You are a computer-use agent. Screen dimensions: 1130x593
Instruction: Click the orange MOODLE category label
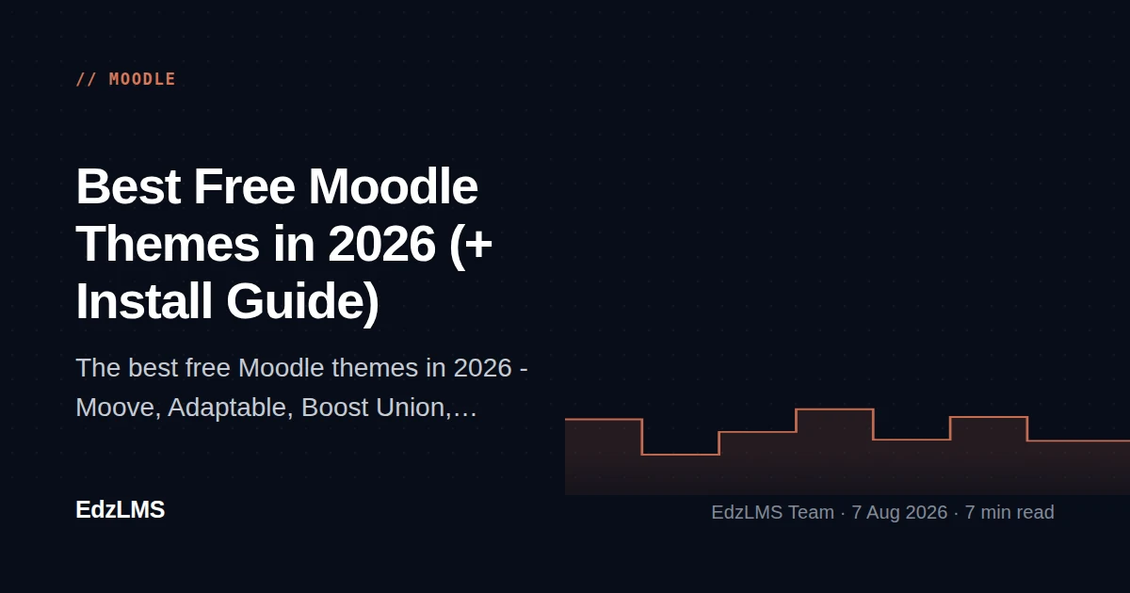tap(142, 79)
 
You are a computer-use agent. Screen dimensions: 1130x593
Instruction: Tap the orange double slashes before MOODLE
tap(87, 79)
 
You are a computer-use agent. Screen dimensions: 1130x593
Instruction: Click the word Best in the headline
tap(128, 186)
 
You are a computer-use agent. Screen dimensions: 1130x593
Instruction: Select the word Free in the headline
tap(244, 186)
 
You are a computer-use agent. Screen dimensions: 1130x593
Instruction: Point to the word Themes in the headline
tap(168, 244)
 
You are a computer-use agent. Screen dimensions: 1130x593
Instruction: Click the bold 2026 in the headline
tap(381, 244)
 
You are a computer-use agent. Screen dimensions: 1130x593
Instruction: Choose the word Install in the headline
tap(144, 301)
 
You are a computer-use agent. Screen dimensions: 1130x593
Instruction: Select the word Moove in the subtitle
tap(115, 408)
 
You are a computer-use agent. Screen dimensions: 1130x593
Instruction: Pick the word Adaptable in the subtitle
tap(227, 408)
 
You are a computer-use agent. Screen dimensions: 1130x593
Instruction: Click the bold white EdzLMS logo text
tap(121, 510)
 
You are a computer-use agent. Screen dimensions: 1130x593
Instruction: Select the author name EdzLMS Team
tap(772, 512)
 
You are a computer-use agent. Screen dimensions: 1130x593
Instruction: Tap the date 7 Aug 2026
tap(899, 512)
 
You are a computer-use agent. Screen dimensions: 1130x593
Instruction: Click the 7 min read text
tap(1009, 512)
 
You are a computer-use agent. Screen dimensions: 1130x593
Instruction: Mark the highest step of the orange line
tap(835, 409)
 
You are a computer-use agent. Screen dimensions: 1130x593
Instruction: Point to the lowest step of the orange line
tap(681, 455)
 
